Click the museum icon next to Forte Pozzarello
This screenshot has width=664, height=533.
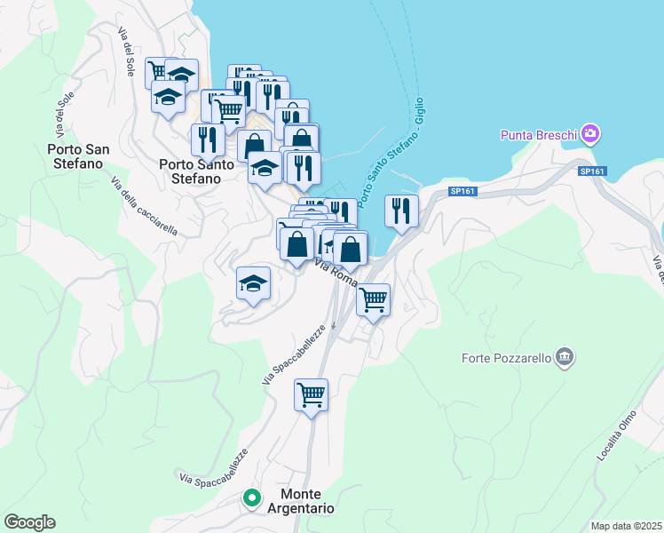point(563,358)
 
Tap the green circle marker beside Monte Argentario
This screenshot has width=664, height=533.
point(252,499)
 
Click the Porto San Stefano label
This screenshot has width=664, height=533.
point(78,156)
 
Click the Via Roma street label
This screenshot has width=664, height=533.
point(336,272)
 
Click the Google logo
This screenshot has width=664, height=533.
point(29,522)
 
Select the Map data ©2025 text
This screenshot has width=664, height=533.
point(625,526)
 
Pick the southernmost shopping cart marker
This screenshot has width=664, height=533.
point(312,394)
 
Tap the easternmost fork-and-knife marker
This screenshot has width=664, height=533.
point(401,211)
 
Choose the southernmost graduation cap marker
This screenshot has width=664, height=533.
point(253,283)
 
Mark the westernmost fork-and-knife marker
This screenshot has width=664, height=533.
point(207,139)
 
